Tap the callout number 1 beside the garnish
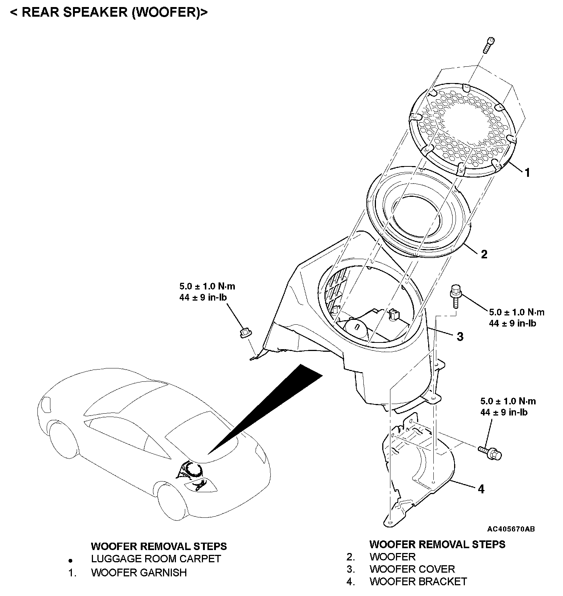(x=527, y=172)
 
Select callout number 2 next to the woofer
(x=484, y=254)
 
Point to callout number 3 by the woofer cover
(x=460, y=337)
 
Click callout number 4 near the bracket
(x=481, y=489)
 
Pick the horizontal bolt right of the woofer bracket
(x=490, y=451)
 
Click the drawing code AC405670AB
(x=511, y=529)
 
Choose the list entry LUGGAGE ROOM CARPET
(x=156, y=559)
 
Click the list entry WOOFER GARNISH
(x=139, y=573)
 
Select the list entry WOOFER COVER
(x=412, y=569)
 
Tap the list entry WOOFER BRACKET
(x=418, y=582)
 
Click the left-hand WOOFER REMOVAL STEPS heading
(x=159, y=546)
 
